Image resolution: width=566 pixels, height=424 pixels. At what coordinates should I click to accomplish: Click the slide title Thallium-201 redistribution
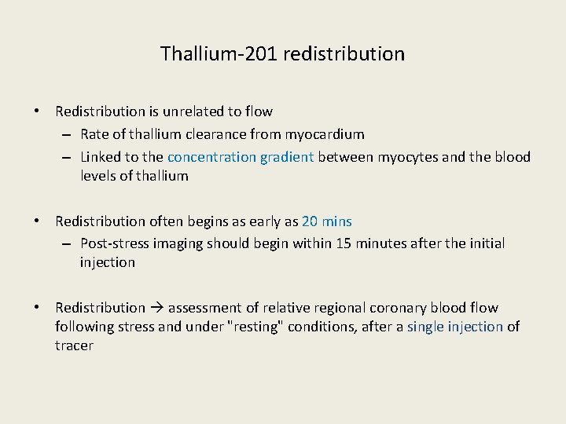point(282,54)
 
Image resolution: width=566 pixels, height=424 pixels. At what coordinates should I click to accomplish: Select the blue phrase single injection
point(455,327)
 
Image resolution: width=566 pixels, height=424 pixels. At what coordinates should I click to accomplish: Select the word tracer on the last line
point(75,345)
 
